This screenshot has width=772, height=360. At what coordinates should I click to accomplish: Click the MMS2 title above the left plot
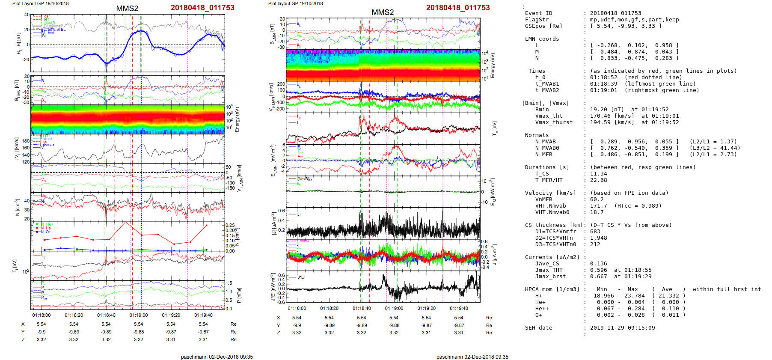coord(127,9)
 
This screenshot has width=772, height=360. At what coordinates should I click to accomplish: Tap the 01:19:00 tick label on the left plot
coord(139,315)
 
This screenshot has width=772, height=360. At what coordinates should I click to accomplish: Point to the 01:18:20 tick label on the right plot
coord(329,308)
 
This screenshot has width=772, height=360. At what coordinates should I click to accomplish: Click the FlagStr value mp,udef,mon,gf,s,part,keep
coord(634,20)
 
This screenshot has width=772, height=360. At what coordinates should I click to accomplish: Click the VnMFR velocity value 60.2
coord(597,199)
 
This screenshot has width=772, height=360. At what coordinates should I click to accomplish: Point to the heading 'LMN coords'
coord(542,39)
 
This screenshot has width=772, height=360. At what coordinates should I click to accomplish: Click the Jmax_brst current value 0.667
coord(598,277)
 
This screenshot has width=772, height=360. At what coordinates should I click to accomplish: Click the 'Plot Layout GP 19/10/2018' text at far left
coord(40,3)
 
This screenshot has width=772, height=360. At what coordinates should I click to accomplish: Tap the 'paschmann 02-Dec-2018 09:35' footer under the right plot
coord(472,357)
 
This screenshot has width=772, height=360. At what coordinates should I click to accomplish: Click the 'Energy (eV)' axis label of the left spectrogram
coord(238,119)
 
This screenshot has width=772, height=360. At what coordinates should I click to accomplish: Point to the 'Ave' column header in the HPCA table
coord(667,289)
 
